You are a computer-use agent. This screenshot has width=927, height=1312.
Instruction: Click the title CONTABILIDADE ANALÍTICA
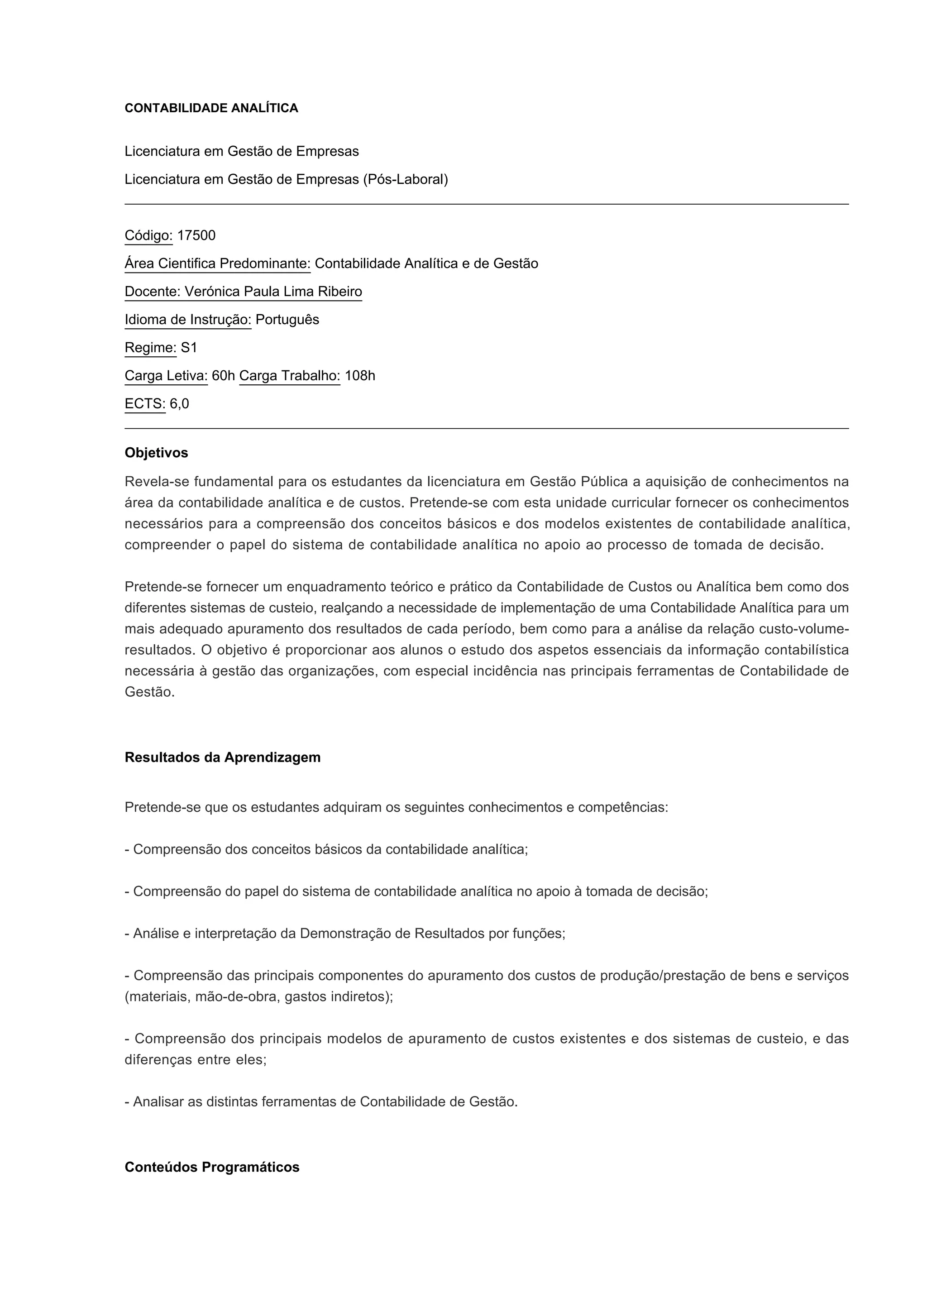211,109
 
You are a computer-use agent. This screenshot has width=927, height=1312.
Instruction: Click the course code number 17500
196,235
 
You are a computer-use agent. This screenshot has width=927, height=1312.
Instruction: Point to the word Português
287,320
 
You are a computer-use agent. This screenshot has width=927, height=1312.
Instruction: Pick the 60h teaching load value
223,375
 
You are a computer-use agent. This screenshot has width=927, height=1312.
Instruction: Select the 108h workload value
360,375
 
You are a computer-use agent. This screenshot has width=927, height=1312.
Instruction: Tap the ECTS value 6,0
179,404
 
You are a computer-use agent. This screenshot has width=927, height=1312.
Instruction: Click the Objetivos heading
156,453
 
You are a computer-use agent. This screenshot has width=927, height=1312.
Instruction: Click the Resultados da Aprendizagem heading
222,757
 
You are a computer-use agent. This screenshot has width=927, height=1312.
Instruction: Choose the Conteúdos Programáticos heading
212,1167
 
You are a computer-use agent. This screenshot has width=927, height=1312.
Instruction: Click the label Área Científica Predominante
217,263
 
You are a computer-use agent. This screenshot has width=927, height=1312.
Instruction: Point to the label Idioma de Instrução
188,320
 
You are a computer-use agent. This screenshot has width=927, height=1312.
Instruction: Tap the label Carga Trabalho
290,375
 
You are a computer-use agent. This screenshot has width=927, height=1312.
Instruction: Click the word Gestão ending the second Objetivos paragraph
148,692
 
